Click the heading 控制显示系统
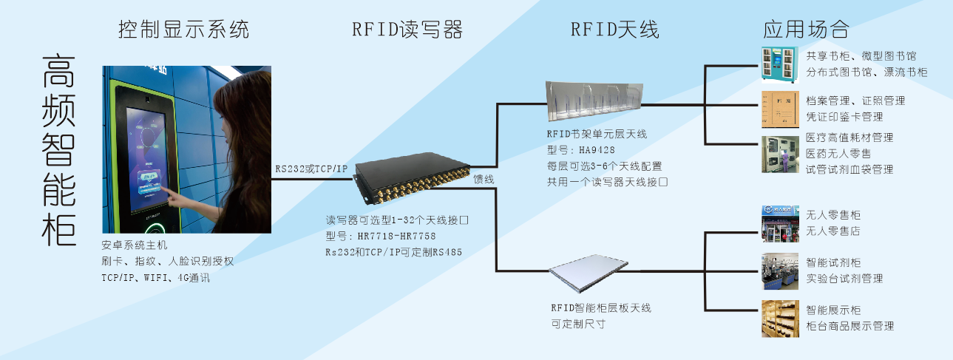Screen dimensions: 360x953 [x=183, y=30]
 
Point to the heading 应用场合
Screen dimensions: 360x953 [x=805, y=30]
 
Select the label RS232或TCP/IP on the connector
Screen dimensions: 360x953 [x=311, y=169]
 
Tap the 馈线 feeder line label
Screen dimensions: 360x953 [x=484, y=179]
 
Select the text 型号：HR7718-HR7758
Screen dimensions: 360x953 [x=381, y=236]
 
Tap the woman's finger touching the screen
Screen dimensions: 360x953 [x=169, y=194]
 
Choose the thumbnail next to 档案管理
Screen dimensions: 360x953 [x=780, y=109]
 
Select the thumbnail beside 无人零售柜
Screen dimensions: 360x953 [x=780, y=224]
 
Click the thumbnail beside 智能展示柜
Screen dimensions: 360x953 [x=780, y=319]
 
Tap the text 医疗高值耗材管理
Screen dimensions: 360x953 [x=849, y=137]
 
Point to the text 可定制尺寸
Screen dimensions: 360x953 [x=578, y=324]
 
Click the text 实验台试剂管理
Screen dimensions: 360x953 [x=844, y=279]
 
